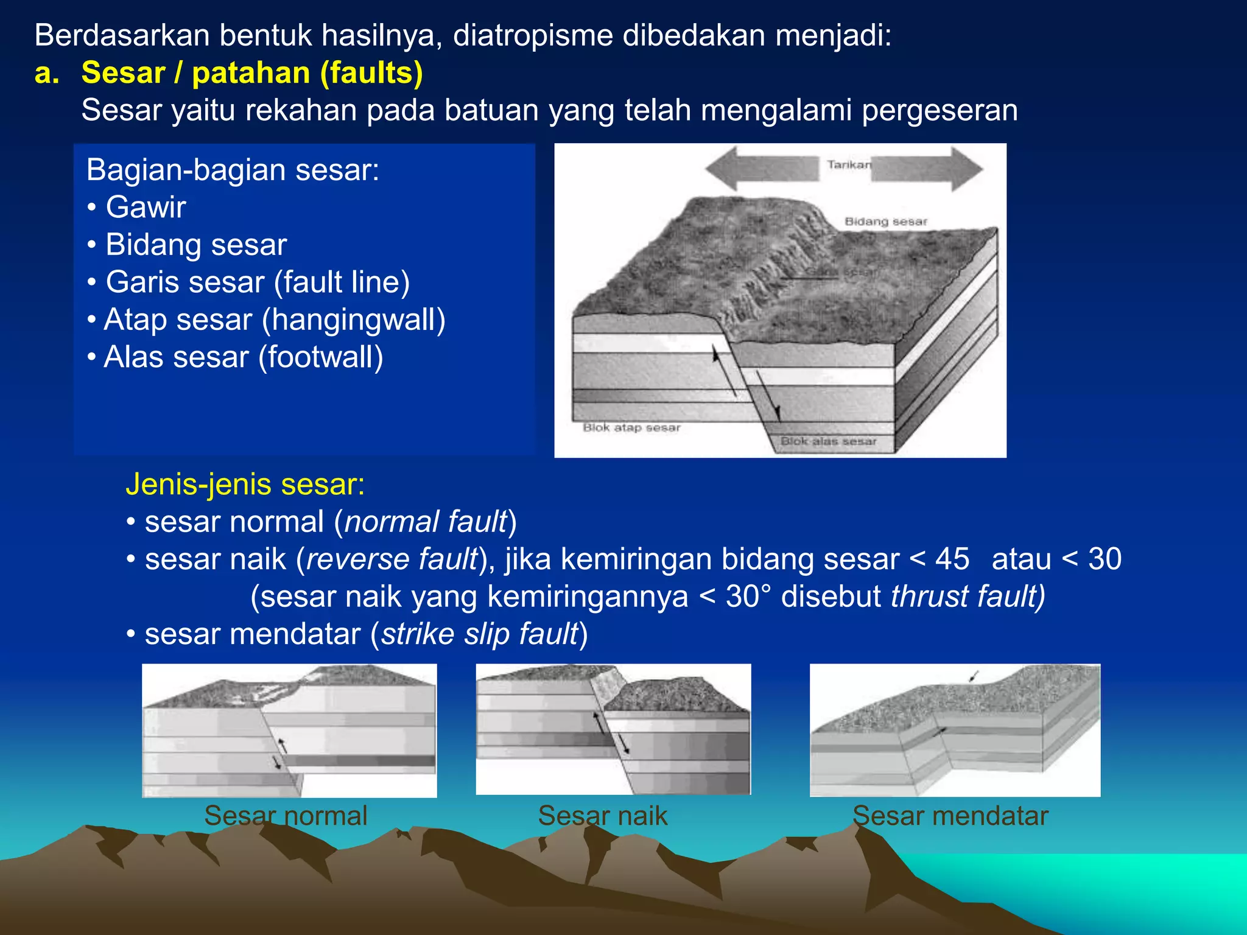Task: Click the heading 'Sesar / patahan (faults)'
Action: (251, 73)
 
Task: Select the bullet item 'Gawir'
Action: (146, 207)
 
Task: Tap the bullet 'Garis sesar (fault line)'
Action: (257, 282)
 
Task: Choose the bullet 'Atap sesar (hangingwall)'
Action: (274, 320)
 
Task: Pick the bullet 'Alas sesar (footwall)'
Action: (243, 357)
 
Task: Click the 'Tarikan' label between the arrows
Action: (849, 165)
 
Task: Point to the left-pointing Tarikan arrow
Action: (761, 168)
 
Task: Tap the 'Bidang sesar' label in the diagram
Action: (885, 222)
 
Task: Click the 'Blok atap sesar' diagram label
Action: (631, 428)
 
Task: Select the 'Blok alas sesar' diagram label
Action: (828, 441)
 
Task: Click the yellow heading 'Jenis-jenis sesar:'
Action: (245, 485)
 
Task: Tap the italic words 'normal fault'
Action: (426, 522)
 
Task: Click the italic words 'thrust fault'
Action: (967, 597)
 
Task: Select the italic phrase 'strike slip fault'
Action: (479, 634)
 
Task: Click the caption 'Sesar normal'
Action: (286, 816)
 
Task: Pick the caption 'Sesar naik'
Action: (603, 816)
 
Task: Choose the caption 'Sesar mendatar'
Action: (950, 816)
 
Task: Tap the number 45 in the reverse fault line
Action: (952, 559)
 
